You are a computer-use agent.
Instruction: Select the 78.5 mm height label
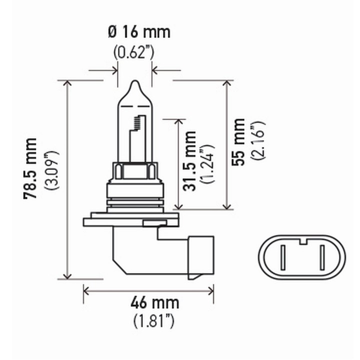[x=31, y=168]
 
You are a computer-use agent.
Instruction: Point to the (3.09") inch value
[x=52, y=169]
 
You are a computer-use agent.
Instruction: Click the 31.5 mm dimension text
[x=189, y=161]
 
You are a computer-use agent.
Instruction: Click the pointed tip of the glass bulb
[x=134, y=82]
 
